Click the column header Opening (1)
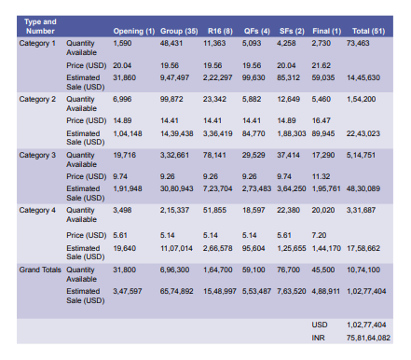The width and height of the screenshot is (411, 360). pos(133,31)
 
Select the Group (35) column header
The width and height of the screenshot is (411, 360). pos(178,31)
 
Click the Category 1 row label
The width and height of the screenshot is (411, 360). pos(38,43)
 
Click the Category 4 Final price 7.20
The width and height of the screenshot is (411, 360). pos(320,236)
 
